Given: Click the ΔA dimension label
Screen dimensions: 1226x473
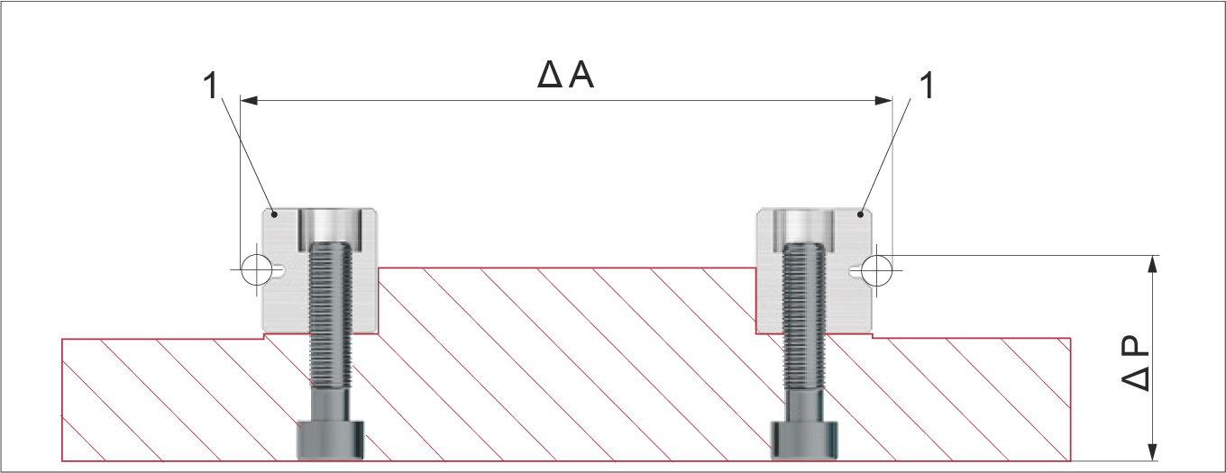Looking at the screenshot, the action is (x=565, y=75).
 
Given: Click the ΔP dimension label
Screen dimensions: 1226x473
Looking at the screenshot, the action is (x=1135, y=362).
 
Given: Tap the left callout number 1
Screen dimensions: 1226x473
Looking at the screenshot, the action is (x=210, y=86).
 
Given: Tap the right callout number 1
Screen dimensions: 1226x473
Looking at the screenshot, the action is (x=927, y=86).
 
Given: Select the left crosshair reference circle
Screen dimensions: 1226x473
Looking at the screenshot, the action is (x=256, y=269).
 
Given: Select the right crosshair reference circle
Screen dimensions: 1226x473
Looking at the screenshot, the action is (x=876, y=270).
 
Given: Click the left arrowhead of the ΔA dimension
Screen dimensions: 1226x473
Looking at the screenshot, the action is (x=249, y=101).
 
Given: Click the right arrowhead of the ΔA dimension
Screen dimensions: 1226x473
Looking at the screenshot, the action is (x=884, y=101).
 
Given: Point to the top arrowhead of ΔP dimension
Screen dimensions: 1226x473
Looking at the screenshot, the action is (x=1152, y=264).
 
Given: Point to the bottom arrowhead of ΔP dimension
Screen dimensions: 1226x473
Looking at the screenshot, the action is (x=1152, y=452).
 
